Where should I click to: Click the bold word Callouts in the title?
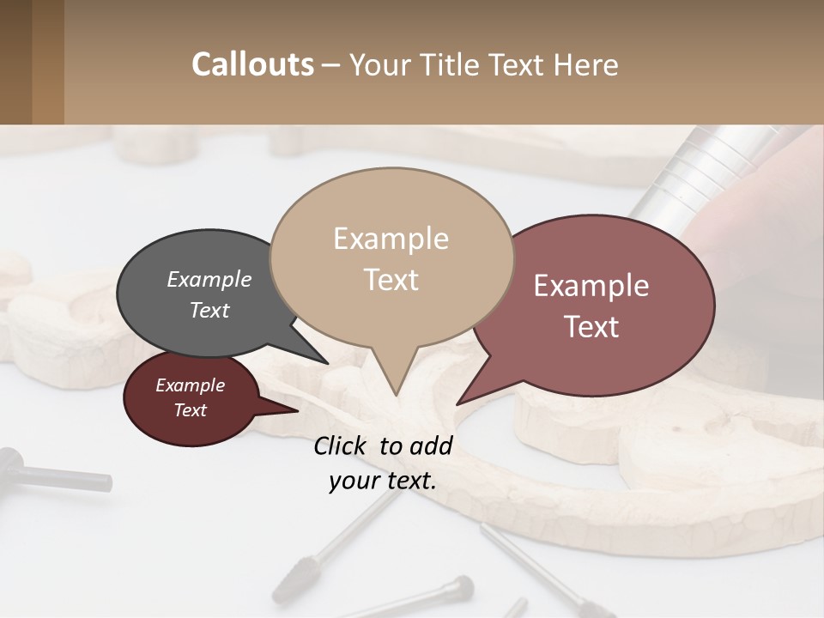click(252, 65)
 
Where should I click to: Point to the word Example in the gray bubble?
click(209, 279)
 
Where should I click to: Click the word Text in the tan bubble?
click(391, 280)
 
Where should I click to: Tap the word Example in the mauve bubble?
click(591, 286)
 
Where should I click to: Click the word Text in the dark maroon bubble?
click(191, 410)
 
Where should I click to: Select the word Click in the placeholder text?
click(342, 445)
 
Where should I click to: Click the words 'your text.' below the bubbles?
click(383, 481)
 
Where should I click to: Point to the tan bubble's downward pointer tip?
click(396, 394)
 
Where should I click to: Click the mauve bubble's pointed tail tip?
click(458, 403)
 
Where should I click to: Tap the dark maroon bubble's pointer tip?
click(297, 410)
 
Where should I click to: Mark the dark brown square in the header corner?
click(15, 62)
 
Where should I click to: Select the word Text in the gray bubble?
click(209, 310)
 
